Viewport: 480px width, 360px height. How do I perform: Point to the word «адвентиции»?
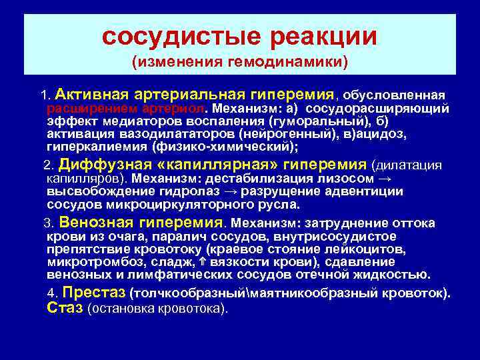(x=368, y=191)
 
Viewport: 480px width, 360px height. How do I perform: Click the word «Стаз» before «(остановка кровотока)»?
(x=66, y=308)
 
